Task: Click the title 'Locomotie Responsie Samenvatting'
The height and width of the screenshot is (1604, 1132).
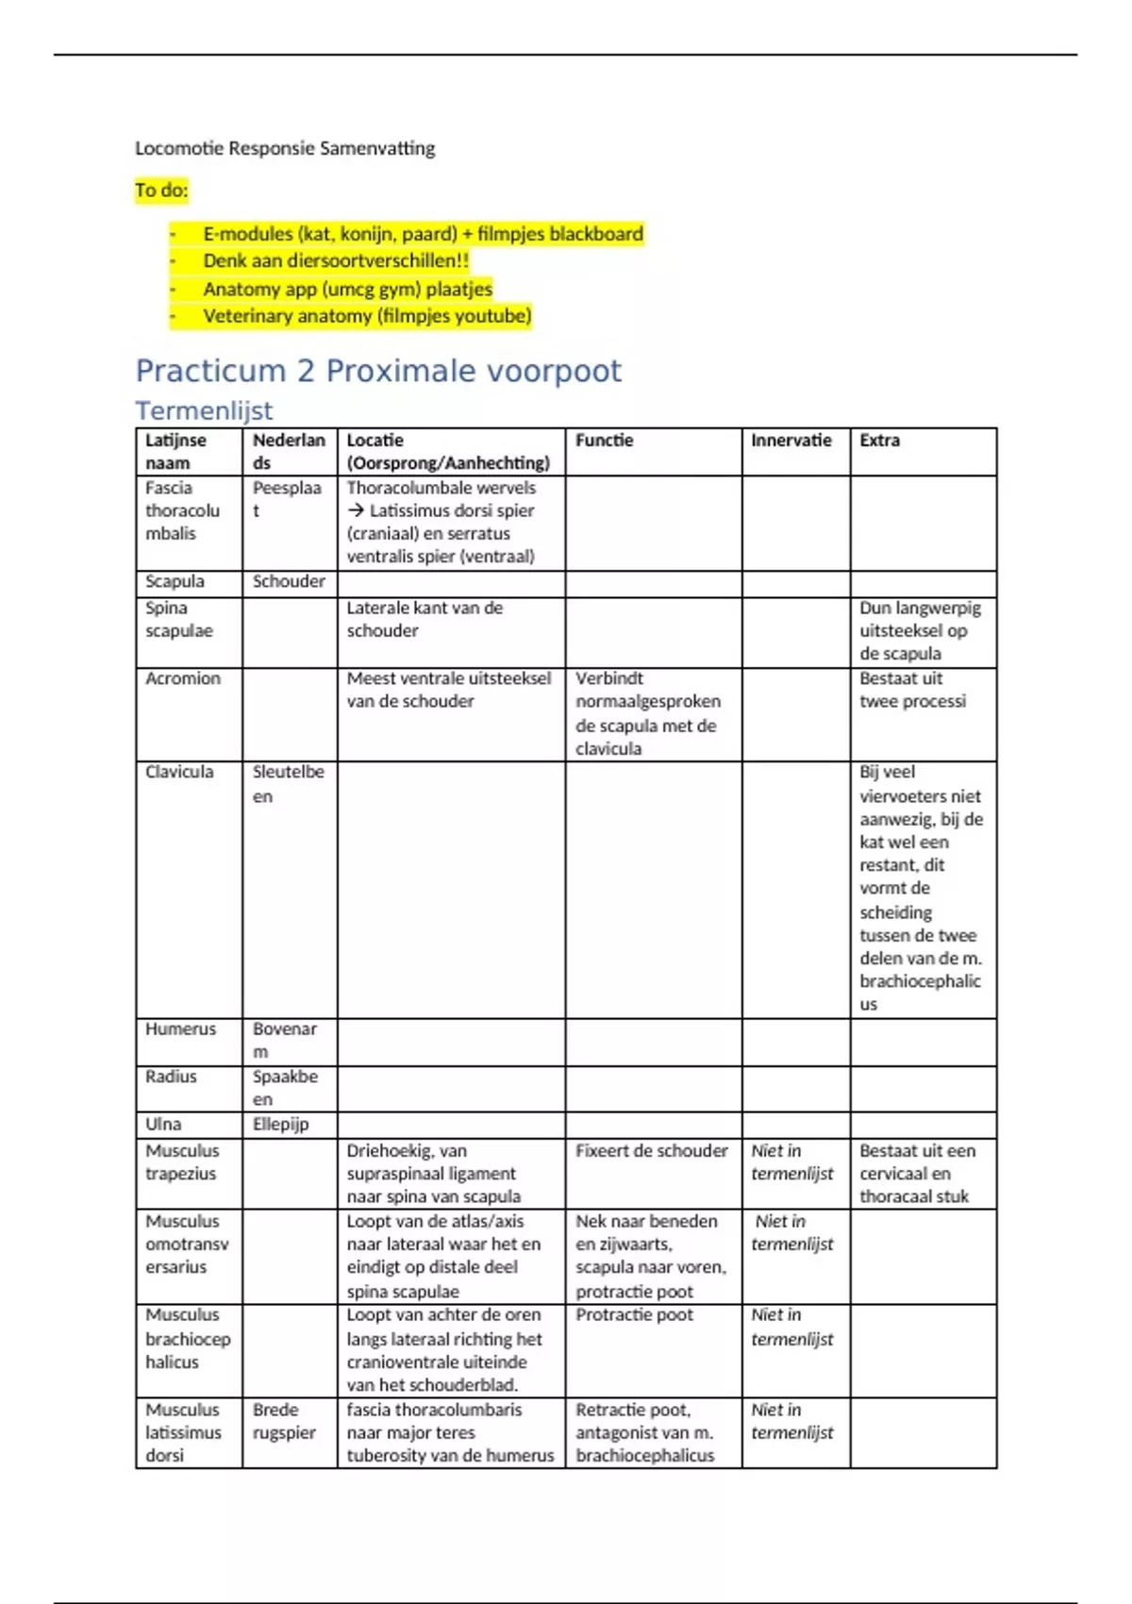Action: pos(285,148)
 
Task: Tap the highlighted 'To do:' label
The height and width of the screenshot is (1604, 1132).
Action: pos(161,191)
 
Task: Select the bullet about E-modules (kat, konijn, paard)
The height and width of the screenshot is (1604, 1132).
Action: pos(423,234)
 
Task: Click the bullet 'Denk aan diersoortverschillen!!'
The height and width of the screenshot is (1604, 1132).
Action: pos(336,261)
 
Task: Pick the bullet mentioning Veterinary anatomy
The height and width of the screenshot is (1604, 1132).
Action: pos(367,316)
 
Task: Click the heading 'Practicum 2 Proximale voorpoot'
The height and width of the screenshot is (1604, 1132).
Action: pos(378,371)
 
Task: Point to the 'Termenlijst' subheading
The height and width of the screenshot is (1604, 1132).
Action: pos(204,410)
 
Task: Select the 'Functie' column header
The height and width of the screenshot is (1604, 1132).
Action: pos(605,441)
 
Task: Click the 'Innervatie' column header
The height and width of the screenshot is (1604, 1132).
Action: pos(791,441)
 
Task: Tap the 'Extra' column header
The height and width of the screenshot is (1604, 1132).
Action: pos(879,441)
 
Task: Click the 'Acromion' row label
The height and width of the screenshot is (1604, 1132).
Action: pos(183,678)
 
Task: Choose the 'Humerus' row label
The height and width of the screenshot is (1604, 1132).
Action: pos(180,1029)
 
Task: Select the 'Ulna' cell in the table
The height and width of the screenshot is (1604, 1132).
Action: pos(163,1124)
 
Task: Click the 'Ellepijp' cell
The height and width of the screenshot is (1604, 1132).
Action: pos(280,1124)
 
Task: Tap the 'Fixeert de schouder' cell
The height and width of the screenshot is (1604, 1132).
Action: pos(652,1151)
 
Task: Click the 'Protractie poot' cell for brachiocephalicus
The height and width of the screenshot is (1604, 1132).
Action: pos(634,1315)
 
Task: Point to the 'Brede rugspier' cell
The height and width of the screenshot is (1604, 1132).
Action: pos(283,1421)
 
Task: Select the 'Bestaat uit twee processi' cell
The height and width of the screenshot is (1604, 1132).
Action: pos(912,690)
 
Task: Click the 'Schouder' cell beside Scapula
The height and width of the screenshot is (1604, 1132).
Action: pos(289,582)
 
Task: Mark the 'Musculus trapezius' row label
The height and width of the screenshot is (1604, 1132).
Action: pos(182,1162)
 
